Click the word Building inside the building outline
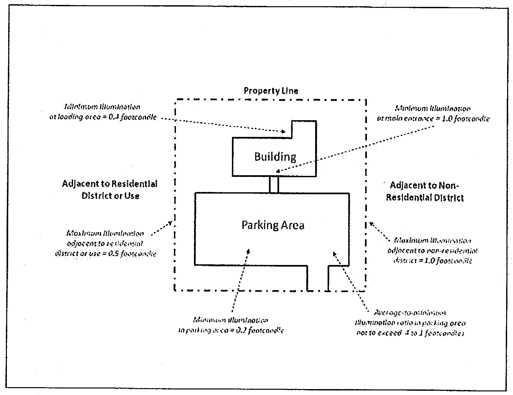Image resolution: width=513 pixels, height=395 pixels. pos(275,157)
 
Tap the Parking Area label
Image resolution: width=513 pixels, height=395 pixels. pos(273,225)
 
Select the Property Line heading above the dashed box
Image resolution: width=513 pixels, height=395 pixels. pos(271,91)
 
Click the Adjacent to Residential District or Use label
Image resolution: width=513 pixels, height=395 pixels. pos(110,190)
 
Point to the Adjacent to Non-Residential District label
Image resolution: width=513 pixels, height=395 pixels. pos(425,192)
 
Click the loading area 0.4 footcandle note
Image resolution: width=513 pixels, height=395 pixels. pos(103,112)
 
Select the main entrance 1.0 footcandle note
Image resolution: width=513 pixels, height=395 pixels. pos(433,114)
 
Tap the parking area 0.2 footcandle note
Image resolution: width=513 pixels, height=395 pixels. pos(231,325)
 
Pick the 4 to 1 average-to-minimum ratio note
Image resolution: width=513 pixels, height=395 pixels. pos(410,323)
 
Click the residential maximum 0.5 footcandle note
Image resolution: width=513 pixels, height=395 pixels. pos(105,244)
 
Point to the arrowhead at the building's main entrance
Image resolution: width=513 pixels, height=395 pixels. pos(277,171)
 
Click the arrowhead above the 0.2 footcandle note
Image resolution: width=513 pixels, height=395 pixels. pos(248,251)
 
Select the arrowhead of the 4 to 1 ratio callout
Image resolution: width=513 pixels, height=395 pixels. pos(334,253)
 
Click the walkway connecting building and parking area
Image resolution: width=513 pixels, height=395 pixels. pos(274,185)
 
